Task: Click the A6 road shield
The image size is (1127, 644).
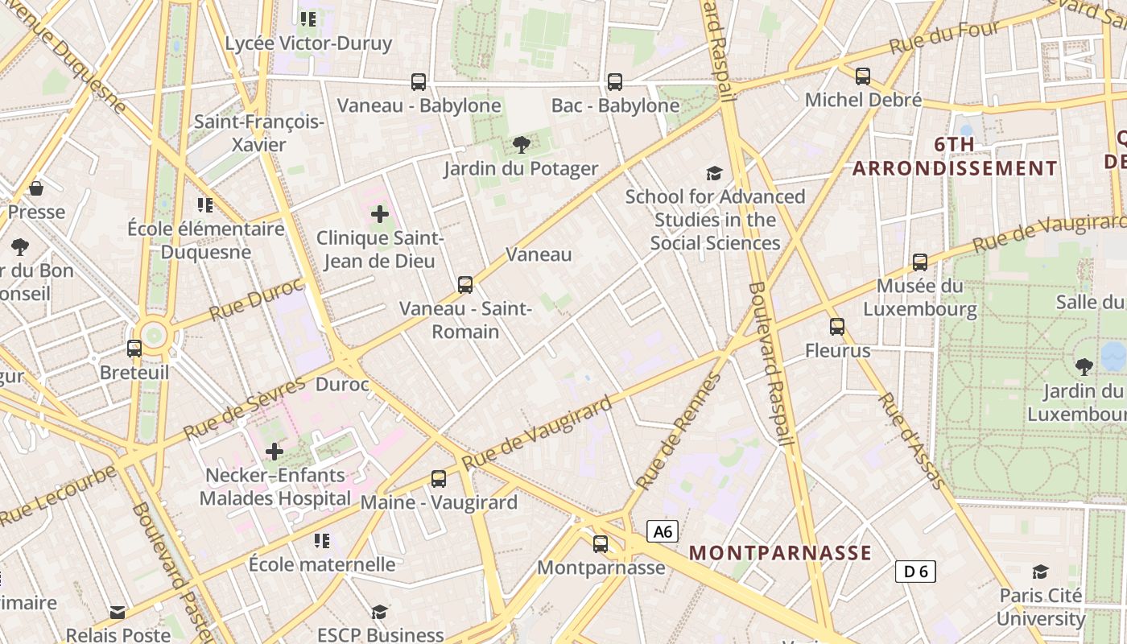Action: [662, 531]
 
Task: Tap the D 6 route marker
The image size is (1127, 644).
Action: [915, 572]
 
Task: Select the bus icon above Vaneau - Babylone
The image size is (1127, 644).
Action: [419, 81]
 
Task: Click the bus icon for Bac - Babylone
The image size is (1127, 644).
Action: [615, 81]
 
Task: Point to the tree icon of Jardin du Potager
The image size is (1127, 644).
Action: [521, 145]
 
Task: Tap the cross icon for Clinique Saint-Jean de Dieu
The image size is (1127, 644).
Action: [380, 214]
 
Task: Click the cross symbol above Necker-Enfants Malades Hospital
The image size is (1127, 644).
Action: [275, 452]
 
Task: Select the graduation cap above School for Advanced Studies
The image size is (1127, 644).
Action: [714, 173]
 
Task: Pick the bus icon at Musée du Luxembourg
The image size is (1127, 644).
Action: [920, 262]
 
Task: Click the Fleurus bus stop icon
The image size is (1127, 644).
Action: [837, 327]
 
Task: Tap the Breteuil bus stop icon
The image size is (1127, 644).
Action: [134, 349]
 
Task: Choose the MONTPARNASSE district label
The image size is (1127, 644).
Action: [780, 552]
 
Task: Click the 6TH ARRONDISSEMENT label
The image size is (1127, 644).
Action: [955, 156]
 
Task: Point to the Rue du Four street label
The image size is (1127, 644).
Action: [943, 38]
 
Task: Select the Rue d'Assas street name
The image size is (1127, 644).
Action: [911, 440]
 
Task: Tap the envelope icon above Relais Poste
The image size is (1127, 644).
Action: [118, 613]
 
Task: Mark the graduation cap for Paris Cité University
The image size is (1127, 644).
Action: [1041, 572]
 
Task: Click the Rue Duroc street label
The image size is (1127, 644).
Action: [255, 299]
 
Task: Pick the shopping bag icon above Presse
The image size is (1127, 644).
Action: [36, 188]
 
